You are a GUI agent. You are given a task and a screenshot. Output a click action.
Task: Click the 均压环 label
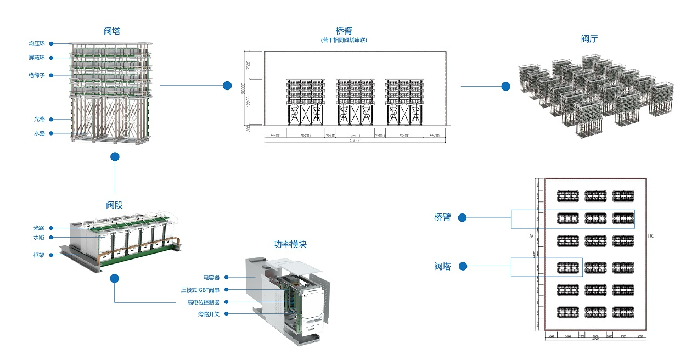point(37,43)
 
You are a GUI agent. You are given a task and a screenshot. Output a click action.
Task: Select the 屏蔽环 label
point(37,58)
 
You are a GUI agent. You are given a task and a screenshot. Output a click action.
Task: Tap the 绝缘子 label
point(37,75)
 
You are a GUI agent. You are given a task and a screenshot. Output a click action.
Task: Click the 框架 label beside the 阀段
point(39,255)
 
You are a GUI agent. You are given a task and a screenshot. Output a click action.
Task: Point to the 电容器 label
point(211,278)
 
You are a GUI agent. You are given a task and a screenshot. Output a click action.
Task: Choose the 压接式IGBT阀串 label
point(200,290)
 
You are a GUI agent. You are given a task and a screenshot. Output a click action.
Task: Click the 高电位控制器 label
point(203,302)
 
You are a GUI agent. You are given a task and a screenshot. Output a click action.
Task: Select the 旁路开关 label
point(209,314)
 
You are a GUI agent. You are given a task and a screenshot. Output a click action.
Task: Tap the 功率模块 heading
point(290,244)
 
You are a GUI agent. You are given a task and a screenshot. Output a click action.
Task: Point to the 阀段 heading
point(114,205)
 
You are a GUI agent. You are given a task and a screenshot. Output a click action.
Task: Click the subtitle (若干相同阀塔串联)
point(344,40)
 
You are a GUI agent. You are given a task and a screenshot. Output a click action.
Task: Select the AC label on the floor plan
point(532,236)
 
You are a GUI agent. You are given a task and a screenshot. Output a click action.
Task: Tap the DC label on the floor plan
point(651,236)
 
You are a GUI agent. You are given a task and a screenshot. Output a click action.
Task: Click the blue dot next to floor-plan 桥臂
point(462,218)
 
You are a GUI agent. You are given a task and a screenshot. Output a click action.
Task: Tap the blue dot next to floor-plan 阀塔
point(463,267)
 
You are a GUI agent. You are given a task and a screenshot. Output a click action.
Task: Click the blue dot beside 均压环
point(50,43)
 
